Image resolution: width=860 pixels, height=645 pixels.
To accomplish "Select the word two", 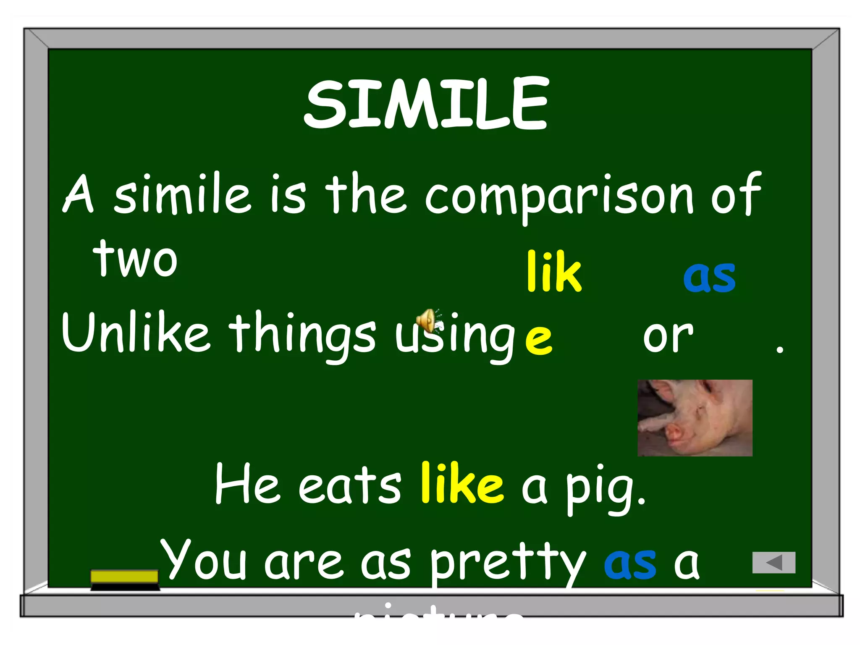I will (x=135, y=259).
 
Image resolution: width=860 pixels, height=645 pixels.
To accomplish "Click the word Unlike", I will (x=135, y=332).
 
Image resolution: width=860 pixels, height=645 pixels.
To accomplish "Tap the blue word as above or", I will (x=709, y=277).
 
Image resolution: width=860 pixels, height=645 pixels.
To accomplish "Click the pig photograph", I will (x=695, y=417).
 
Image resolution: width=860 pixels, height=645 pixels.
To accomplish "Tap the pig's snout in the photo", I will (x=674, y=433).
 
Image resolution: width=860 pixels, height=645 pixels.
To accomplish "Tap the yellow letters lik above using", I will (x=554, y=272).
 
